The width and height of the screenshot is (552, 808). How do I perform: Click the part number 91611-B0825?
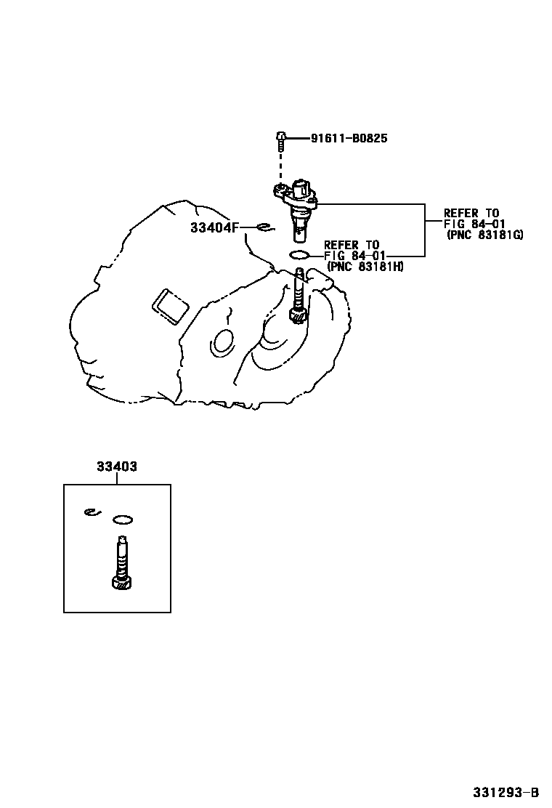tap(349, 138)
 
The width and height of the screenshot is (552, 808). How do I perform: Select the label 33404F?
tap(215, 227)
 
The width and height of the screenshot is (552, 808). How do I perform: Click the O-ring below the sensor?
tap(299, 255)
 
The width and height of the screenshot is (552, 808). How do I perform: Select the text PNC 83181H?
tap(365, 267)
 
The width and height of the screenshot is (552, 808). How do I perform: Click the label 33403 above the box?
tap(117, 466)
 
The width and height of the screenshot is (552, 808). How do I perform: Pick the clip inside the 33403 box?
tap(93, 512)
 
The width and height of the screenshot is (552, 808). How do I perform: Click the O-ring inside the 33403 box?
tap(123, 520)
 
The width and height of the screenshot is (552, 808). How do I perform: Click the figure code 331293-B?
tap(506, 792)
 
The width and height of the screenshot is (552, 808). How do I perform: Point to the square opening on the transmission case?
tap(169, 307)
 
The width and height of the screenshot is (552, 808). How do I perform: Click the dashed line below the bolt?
tap(280, 166)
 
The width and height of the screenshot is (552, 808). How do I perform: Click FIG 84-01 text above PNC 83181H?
tap(354, 256)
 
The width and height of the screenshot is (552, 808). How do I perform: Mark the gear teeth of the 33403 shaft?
tap(121, 583)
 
